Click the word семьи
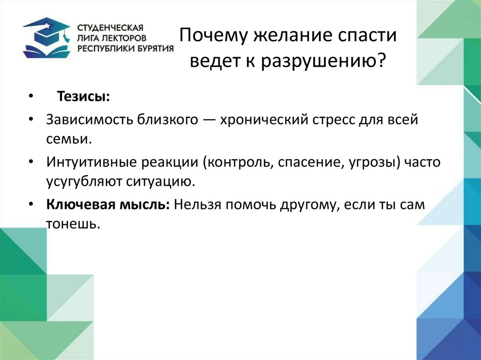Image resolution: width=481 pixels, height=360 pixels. (68, 139)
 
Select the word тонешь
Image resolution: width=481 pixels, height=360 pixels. (72, 224)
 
